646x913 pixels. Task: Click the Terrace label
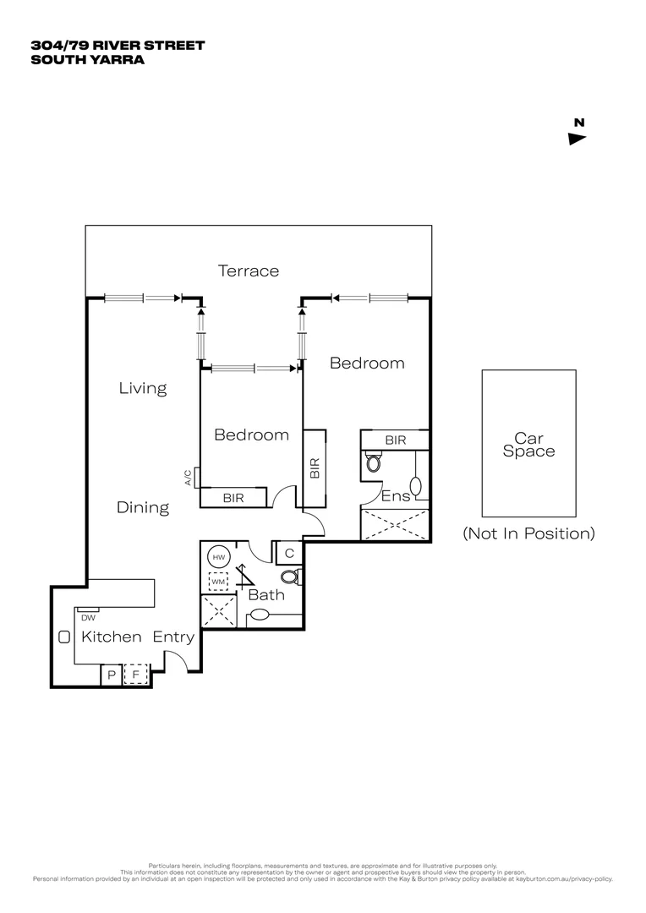(x=248, y=271)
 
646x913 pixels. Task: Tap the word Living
(x=142, y=388)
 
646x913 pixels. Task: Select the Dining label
(x=142, y=507)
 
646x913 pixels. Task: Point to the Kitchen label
(x=111, y=637)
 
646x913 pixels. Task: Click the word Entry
(x=173, y=637)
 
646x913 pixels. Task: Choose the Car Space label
(x=528, y=445)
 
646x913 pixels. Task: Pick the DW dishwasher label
(x=89, y=617)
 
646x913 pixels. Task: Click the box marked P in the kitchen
(x=112, y=675)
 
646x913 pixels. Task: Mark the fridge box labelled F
(x=136, y=675)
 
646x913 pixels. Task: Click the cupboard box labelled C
(x=288, y=554)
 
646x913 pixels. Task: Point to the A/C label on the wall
(x=189, y=478)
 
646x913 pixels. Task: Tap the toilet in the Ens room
(x=374, y=463)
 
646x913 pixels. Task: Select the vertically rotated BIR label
(x=314, y=469)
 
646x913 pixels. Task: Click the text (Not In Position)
(x=528, y=533)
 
